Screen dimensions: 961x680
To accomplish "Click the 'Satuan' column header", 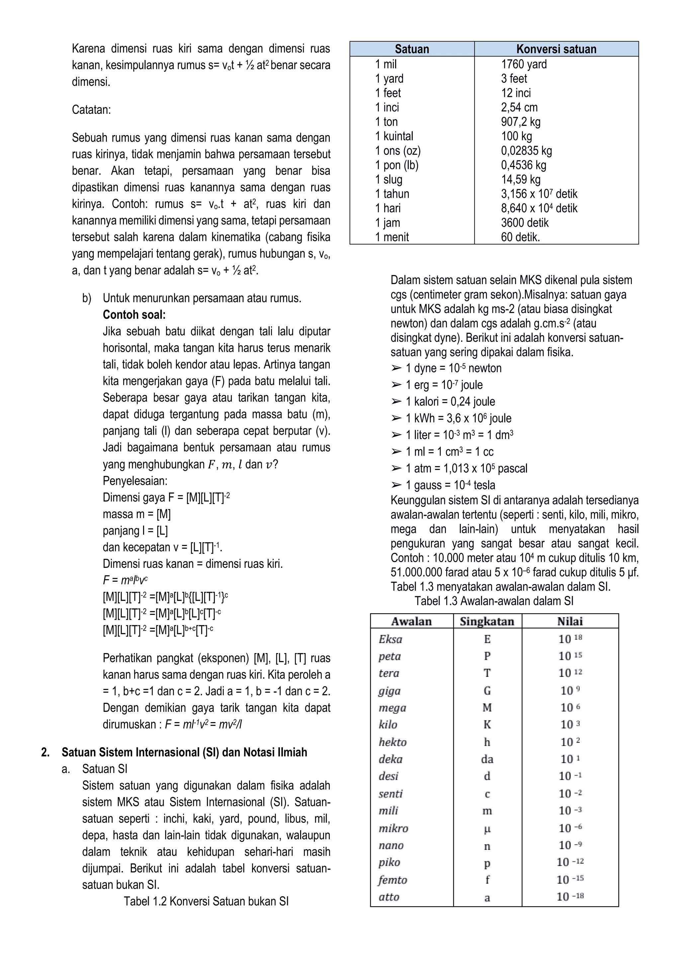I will pos(412,49).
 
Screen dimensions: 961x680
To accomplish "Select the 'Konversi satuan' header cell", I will pos(556,49).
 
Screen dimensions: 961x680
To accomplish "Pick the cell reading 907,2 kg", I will pos(521,122).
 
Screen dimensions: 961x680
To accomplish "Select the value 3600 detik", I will pos(524,223).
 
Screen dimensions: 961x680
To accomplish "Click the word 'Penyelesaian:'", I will pos(135,481).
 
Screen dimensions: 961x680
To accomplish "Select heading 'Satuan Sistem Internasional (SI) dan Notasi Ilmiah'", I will pos(184,753).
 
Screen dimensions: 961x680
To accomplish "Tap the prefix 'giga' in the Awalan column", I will pos(389,691).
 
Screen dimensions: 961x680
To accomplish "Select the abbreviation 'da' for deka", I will pos(487,759).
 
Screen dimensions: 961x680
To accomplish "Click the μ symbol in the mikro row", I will pos(487,829).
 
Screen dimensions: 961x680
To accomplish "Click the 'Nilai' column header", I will pos(570,622).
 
